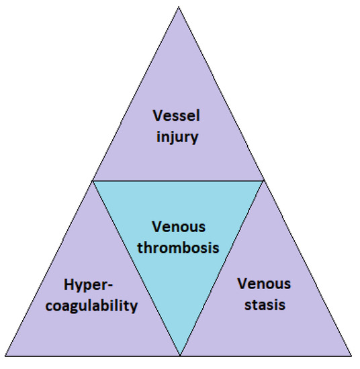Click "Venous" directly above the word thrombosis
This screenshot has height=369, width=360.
click(x=178, y=227)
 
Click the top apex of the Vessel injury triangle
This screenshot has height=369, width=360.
click(x=178, y=8)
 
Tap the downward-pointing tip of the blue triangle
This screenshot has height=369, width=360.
click(x=179, y=355)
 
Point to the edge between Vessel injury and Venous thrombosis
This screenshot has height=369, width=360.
click(x=178, y=180)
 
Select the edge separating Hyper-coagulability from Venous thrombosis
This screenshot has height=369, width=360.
click(x=136, y=268)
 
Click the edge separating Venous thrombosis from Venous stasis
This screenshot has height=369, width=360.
click(x=222, y=268)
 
